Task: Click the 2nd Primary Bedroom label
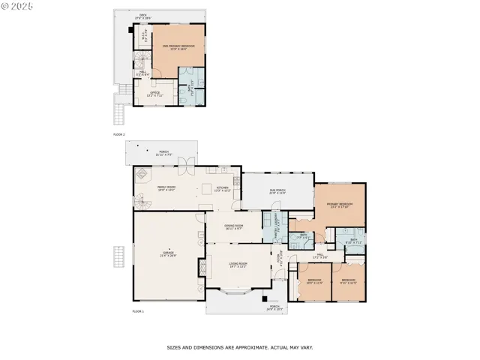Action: [x=178, y=46]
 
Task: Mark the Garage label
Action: [x=168, y=254]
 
